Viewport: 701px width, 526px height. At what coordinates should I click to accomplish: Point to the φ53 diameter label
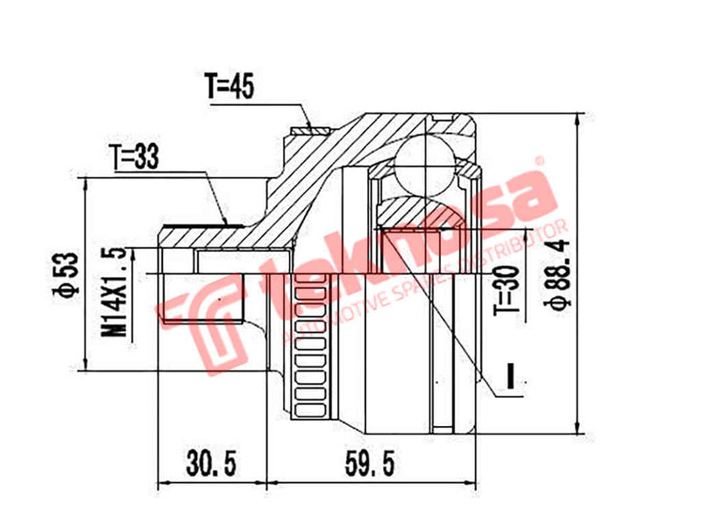point(63,274)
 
